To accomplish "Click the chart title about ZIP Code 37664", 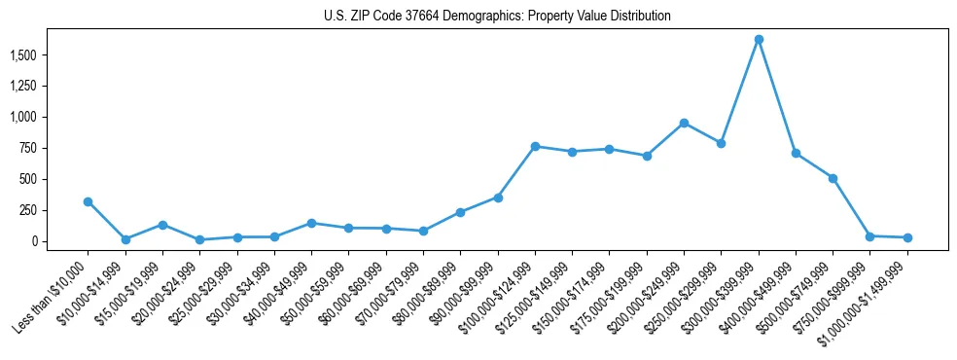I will pyautogui.click(x=497, y=17).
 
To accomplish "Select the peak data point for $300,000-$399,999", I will pyautogui.click(x=759, y=39).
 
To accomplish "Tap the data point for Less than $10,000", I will pyautogui.click(x=88, y=201).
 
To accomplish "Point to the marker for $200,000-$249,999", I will pyautogui.click(x=684, y=123).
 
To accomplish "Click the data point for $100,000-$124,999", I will pyautogui.click(x=535, y=146).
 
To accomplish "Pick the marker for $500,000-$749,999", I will pyautogui.click(x=833, y=178).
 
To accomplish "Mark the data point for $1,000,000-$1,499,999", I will pyautogui.click(x=907, y=237).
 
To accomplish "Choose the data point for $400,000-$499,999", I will pyautogui.click(x=796, y=153).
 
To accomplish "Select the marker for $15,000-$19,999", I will pyautogui.click(x=162, y=225).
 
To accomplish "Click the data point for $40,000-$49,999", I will pyautogui.click(x=311, y=223).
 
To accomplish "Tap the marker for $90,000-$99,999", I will pyautogui.click(x=498, y=198).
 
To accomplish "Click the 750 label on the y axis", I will pyautogui.click(x=26, y=148).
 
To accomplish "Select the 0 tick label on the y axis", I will pyautogui.click(x=34, y=241).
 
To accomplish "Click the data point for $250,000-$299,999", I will pyautogui.click(x=721, y=143).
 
